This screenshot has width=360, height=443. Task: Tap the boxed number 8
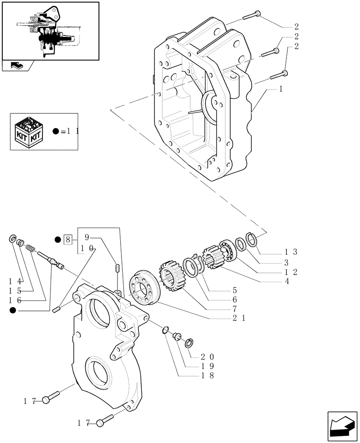coord(67,240)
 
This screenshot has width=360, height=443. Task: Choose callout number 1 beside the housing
coord(281,89)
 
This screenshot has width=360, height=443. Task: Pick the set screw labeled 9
coord(118,268)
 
